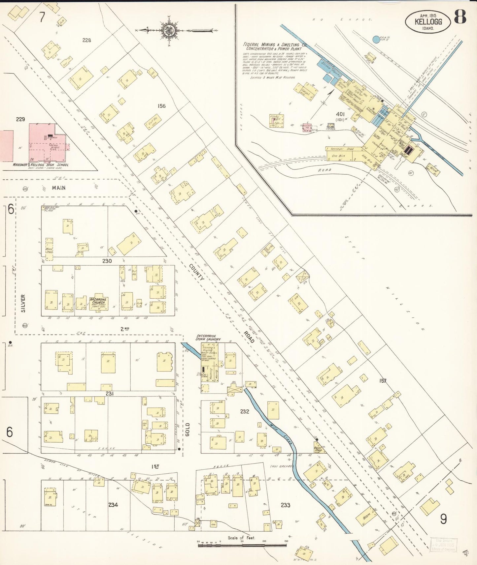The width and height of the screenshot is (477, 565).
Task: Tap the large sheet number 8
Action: [460, 17]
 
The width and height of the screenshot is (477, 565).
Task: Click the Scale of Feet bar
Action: [242, 545]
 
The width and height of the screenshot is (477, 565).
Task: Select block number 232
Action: [245, 411]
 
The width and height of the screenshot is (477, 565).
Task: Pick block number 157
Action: [383, 381]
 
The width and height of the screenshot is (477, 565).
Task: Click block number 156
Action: [161, 106]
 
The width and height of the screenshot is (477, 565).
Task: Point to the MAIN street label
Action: [58, 188]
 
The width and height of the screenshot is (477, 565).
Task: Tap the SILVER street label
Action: [23, 303]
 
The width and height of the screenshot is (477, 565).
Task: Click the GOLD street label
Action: [187, 430]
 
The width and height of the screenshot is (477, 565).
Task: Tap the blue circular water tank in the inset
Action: [376, 40]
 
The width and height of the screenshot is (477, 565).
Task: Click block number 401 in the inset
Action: [340, 114]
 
